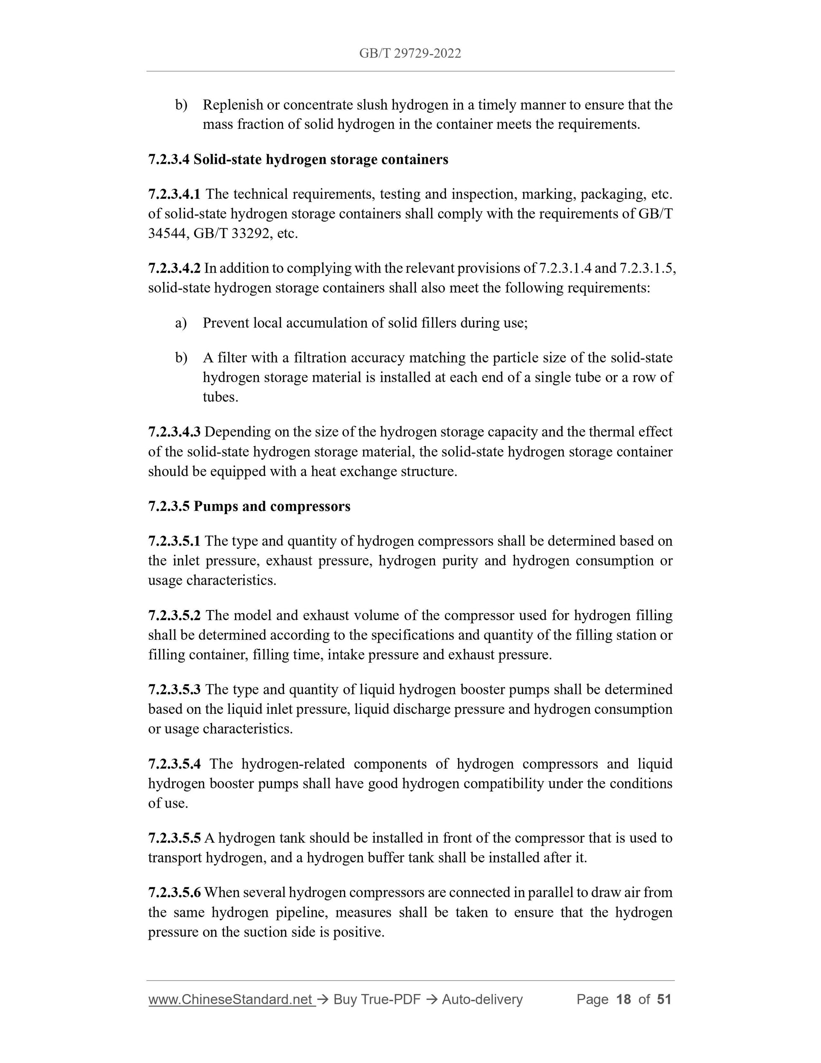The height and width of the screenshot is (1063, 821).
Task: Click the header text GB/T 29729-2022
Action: point(410,54)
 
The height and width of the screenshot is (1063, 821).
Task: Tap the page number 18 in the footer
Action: point(623,999)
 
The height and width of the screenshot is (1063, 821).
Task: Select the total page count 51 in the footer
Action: point(664,999)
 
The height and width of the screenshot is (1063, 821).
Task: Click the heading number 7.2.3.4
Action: point(169,160)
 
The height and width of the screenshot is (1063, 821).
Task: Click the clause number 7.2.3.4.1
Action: point(174,194)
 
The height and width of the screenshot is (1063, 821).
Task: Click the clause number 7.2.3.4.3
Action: point(174,432)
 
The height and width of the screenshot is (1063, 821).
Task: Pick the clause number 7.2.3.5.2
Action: point(174,615)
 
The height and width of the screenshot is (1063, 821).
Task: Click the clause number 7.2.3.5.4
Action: point(174,764)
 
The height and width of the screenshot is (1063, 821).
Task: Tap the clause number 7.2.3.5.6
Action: point(174,892)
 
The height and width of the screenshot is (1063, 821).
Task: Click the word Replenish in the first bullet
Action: point(232,105)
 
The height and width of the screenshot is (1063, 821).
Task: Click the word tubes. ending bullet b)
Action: point(220,397)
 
